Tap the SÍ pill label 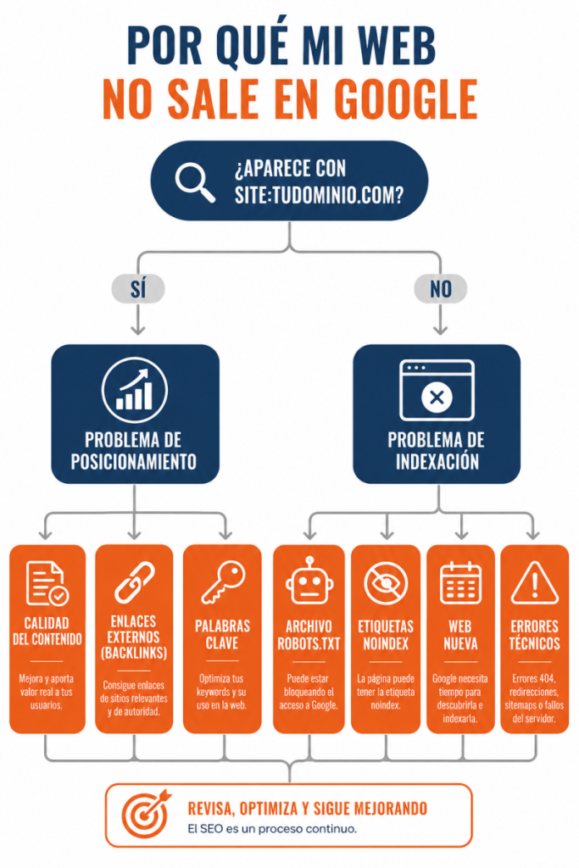click(x=138, y=289)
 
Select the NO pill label click(x=441, y=289)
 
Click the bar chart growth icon click(x=135, y=390)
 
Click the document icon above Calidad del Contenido click(x=47, y=583)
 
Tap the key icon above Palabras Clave click(x=222, y=582)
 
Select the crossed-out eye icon click(x=386, y=583)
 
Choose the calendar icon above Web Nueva click(x=460, y=582)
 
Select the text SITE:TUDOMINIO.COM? click(x=319, y=196)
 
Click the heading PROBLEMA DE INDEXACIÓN click(x=437, y=451)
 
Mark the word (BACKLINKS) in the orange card click(x=134, y=654)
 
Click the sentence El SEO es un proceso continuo click(x=272, y=829)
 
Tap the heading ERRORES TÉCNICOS click(x=535, y=635)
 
